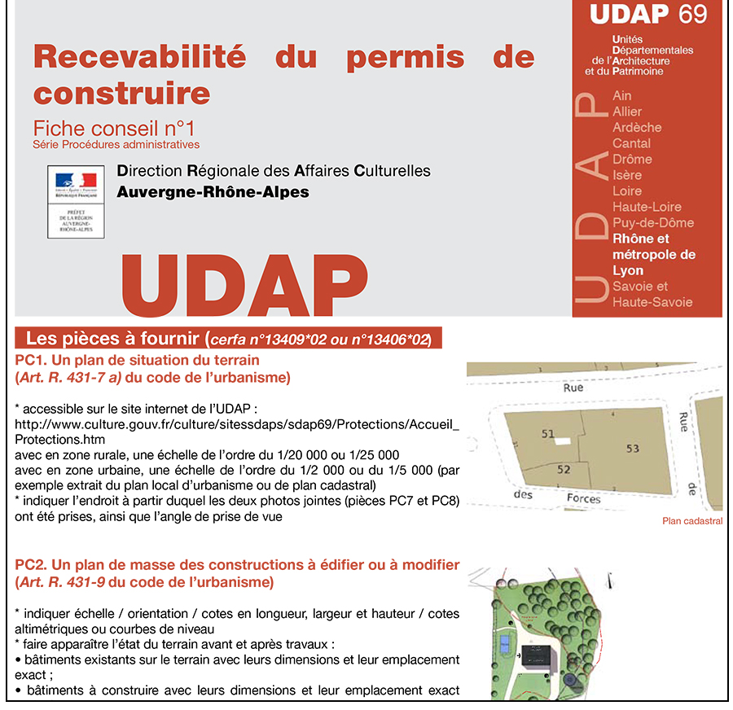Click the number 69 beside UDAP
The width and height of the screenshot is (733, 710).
click(x=692, y=14)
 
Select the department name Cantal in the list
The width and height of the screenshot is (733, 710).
click(x=631, y=143)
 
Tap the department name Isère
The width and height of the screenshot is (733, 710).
click(x=627, y=175)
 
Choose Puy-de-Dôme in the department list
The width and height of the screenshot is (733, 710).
click(x=653, y=222)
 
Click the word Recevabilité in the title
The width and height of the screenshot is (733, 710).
click(x=139, y=58)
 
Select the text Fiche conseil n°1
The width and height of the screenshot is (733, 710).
click(x=114, y=129)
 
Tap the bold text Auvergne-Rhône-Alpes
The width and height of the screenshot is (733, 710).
click(x=213, y=192)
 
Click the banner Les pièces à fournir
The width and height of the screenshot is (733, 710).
click(x=228, y=339)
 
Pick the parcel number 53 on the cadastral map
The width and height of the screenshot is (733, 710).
click(x=633, y=449)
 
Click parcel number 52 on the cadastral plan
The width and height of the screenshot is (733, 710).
click(x=564, y=469)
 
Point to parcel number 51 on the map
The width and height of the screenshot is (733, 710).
click(x=548, y=434)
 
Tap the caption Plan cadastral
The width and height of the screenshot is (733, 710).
click(x=692, y=521)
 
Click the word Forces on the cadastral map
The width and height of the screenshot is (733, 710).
click(x=583, y=497)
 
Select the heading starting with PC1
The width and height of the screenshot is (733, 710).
click(x=137, y=360)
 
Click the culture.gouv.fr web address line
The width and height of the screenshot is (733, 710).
click(x=236, y=424)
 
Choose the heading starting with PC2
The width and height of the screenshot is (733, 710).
click(x=237, y=565)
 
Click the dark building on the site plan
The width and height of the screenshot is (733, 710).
click(x=538, y=656)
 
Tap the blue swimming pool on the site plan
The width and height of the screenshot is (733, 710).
click(x=506, y=646)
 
